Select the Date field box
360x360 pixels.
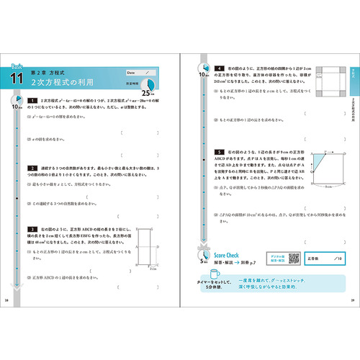pyautogui.click(x=140, y=73)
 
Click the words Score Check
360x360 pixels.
pyautogui.click(x=230, y=255)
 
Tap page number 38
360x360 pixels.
pyautogui.click(x=8, y=300)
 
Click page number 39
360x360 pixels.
pyautogui.click(x=352, y=300)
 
